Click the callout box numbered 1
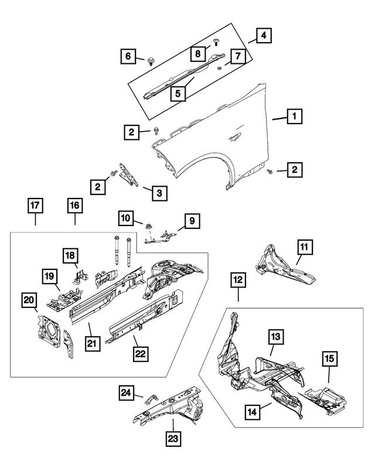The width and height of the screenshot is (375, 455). [294, 117]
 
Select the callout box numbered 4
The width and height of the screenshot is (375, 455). [264, 36]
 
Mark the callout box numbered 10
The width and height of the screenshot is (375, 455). [125, 218]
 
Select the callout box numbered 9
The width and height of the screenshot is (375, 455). [191, 221]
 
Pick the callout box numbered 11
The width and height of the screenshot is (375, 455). [304, 247]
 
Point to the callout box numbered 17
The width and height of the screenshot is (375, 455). [35, 206]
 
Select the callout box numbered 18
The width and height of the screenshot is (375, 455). [70, 255]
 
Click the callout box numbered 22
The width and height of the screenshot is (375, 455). [139, 354]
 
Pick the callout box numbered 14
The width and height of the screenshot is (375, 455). [251, 412]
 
